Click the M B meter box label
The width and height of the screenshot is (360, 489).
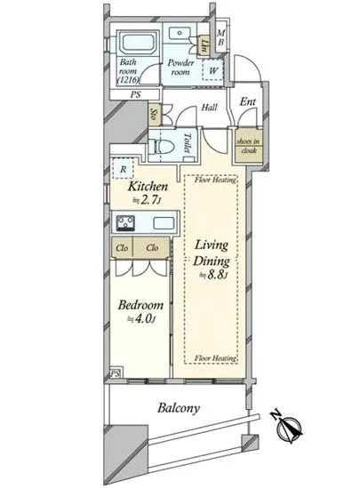tap(221, 40)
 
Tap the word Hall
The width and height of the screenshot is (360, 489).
tap(210, 108)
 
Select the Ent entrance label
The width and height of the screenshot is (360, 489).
tap(247, 102)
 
